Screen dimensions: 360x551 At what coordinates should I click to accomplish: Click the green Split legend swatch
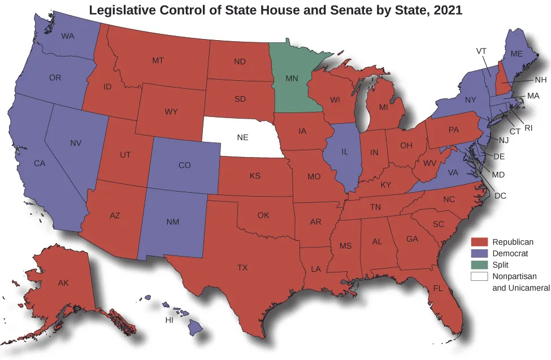pos(480,265)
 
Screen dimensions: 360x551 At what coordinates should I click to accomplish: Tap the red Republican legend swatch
pos(480,242)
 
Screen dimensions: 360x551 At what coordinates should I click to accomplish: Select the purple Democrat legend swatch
pos(480,254)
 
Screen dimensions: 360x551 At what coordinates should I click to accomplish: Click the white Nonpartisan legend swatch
pos(480,276)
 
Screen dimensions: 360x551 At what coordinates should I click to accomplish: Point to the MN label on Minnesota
pos(292,79)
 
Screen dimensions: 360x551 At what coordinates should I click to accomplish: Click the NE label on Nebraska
pos(242,137)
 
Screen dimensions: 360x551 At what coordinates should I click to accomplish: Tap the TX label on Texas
pos(242,267)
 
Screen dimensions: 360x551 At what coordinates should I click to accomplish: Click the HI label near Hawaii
pos(169,320)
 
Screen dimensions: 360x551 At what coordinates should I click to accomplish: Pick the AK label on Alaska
pos(63,283)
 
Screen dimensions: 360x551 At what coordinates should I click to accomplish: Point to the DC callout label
pos(500,196)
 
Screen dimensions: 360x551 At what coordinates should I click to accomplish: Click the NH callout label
pos(540,80)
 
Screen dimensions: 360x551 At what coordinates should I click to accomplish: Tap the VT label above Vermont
pos(481,51)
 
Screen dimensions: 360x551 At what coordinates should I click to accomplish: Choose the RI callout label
pos(528,128)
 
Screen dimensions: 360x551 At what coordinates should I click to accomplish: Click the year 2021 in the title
pos(446,10)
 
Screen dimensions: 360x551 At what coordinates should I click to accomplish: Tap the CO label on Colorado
pos(184,166)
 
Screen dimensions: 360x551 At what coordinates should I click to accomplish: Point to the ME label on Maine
pos(517,54)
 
